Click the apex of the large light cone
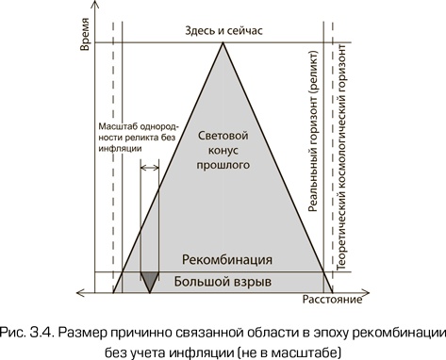point(223,42)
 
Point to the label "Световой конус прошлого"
point(223,151)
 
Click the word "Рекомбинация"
point(228,259)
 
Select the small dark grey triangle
point(149,279)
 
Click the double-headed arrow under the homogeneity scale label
point(149,168)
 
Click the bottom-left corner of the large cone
point(112,291)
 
